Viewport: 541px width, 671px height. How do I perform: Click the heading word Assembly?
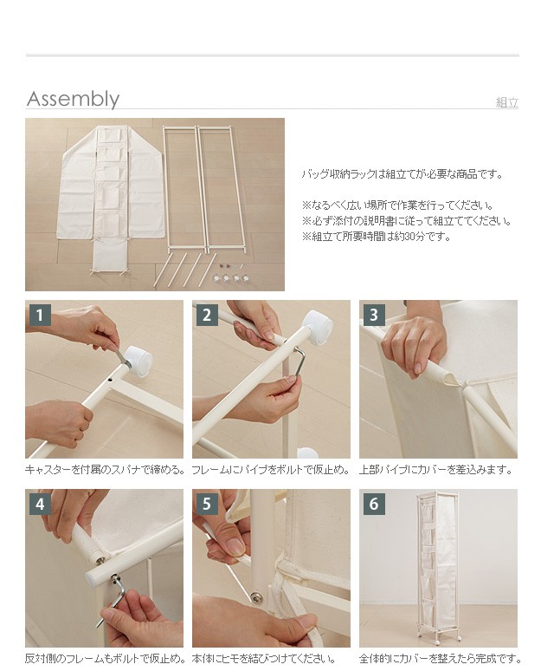click(73, 100)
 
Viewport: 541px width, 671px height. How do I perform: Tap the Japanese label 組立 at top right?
click(507, 102)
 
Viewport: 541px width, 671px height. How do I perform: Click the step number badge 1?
click(40, 315)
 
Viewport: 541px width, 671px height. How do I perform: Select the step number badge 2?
click(207, 315)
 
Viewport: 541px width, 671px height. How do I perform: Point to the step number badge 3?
click(374, 315)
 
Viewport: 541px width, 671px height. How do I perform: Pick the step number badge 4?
click(40, 504)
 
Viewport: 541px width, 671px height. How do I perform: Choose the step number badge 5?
click(207, 504)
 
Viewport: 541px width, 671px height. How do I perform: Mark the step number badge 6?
click(374, 504)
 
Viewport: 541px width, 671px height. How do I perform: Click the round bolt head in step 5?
click(255, 596)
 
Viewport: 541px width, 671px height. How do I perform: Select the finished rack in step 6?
click(437, 567)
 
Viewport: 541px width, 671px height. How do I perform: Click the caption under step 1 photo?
click(105, 470)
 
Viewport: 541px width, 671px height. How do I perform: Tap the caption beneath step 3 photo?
click(436, 470)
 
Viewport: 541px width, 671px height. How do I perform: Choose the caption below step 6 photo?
click(440, 659)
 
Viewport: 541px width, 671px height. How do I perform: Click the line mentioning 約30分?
click(377, 236)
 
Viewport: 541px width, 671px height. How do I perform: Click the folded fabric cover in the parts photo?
click(110, 197)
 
